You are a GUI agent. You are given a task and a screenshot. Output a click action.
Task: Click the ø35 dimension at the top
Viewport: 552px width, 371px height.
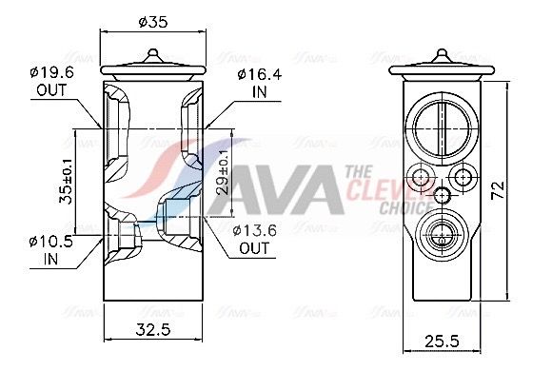click(153, 22)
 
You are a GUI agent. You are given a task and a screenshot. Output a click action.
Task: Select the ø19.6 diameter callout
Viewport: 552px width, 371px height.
click(51, 73)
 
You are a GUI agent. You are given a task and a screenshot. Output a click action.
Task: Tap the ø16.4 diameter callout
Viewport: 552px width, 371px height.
click(260, 74)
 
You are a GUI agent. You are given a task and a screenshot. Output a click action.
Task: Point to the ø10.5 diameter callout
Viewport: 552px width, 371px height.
click(51, 242)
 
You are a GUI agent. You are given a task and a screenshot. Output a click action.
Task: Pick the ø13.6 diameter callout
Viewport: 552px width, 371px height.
click(254, 230)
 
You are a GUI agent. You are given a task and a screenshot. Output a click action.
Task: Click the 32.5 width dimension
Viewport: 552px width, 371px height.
click(153, 330)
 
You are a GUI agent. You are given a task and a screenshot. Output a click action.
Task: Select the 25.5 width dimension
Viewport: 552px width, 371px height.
click(443, 342)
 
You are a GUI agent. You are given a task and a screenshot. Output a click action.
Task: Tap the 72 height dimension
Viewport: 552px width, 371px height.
click(498, 190)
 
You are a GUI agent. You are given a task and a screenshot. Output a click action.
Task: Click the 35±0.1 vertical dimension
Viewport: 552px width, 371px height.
click(66, 181)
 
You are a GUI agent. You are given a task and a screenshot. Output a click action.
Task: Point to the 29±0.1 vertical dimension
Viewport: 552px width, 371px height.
click(223, 172)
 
